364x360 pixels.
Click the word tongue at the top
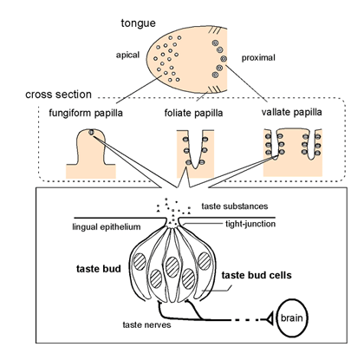coord(138,23)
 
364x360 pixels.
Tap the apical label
coord(127,55)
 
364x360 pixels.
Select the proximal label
coord(258,58)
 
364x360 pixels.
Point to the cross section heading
coord(58,95)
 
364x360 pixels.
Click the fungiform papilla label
coord(86,113)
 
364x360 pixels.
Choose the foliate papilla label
coord(193,113)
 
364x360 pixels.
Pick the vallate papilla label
coord(292,112)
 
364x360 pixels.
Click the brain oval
coord(292,317)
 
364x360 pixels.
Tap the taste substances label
coord(235,206)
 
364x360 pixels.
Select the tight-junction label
coord(250,224)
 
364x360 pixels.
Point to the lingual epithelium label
coord(107,227)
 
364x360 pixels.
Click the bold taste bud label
coord(99,269)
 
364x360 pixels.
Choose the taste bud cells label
coord(257,275)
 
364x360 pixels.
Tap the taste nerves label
coord(146,324)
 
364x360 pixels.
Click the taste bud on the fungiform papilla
coord(91,132)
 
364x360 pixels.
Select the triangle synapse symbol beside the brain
coord(269,319)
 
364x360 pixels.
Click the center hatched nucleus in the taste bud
coord(172,266)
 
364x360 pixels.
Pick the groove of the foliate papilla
coord(195,150)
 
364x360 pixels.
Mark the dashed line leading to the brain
coord(246,320)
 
